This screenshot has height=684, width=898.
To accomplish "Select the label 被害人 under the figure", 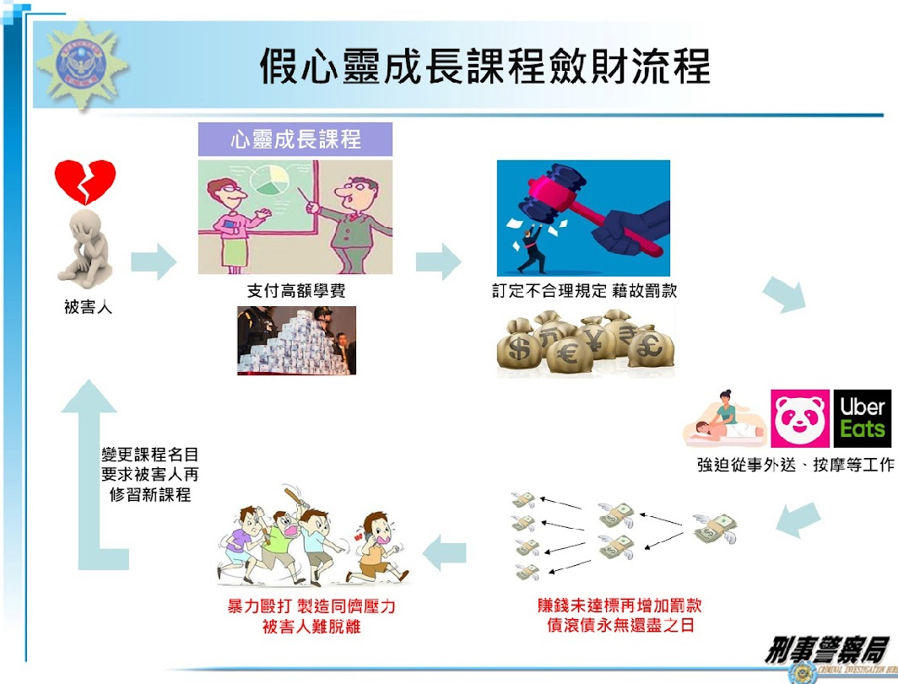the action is [x=88, y=307].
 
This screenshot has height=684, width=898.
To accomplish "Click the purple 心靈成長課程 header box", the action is [x=295, y=139].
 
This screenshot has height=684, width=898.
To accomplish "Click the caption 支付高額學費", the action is [x=296, y=291].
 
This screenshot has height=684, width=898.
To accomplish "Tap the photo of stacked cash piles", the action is [x=297, y=341].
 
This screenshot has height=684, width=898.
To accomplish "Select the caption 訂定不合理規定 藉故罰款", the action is [x=585, y=291].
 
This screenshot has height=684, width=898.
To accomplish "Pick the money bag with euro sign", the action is [x=569, y=353].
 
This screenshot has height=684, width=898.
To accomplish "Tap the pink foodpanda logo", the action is [x=800, y=418].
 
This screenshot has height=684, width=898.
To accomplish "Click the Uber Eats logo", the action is [x=862, y=418].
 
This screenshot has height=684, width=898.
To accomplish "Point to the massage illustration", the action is [x=725, y=418].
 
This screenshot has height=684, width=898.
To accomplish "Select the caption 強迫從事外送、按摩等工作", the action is [x=796, y=465].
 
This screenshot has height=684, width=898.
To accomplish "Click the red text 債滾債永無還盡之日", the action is [x=620, y=626].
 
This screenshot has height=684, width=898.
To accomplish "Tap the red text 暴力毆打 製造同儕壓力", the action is [x=311, y=606].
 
